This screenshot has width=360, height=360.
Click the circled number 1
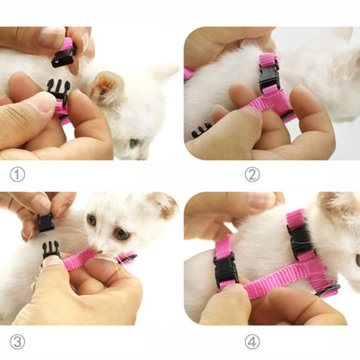point(17,174)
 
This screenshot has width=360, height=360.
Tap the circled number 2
point(252,174)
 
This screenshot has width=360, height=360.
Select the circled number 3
point(17,340)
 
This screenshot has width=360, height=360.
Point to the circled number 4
point(252,340)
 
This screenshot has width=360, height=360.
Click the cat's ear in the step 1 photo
point(107,87)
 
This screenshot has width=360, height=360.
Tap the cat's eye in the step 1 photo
point(134,142)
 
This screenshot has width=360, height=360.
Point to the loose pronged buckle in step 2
point(202,130)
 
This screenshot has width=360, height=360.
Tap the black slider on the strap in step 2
point(287,114)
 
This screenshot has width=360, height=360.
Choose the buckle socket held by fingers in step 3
point(45,222)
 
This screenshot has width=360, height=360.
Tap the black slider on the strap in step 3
point(126,257)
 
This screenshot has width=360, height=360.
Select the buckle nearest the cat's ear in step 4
point(301,242)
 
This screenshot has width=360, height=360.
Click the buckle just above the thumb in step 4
point(226,270)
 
